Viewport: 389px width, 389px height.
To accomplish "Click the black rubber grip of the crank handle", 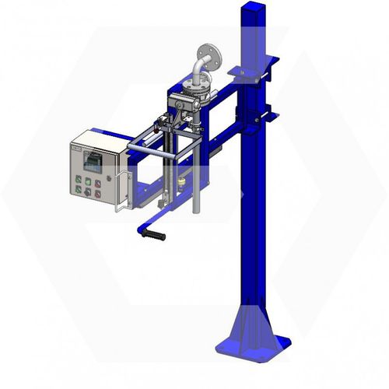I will tap(155, 234).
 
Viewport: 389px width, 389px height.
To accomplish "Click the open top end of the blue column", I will tap(254, 9).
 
